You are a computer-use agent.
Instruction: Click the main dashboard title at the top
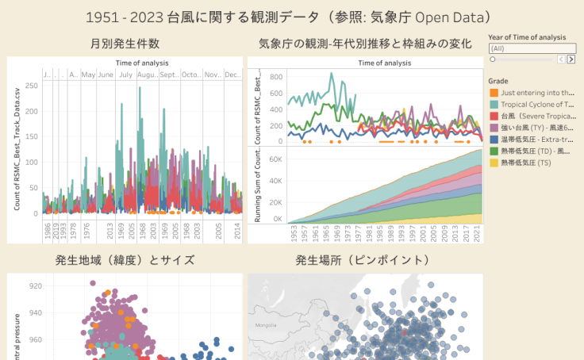pyautogui.click(x=292, y=17)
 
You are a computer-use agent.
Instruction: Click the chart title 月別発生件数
pyautogui.click(x=125, y=44)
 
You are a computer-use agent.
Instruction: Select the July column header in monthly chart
pyautogui.click(x=125, y=75)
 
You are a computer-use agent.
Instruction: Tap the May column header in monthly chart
pyautogui.click(x=87, y=75)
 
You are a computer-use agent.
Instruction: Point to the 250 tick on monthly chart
pyautogui.click(x=32, y=85)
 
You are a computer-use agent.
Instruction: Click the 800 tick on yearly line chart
pyautogui.click(x=276, y=77)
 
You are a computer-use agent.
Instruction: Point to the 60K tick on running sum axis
pyautogui.click(x=275, y=159)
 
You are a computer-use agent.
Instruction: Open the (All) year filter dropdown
pyautogui.click(x=532, y=48)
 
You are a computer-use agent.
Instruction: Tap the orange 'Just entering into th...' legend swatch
pyautogui.click(x=494, y=94)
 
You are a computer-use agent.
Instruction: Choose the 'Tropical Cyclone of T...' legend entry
pyautogui.click(x=536, y=105)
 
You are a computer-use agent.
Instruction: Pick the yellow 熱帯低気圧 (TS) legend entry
pyautogui.click(x=524, y=162)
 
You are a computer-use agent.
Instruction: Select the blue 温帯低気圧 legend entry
pyautogui.click(x=536, y=139)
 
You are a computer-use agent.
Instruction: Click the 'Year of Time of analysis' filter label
pyautogui.click(x=527, y=37)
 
